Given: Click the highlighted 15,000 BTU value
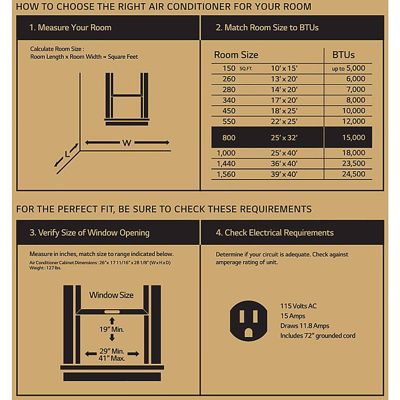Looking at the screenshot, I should tap(354, 138).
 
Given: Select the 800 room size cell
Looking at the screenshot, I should tap(229, 138).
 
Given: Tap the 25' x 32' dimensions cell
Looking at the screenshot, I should tap(284, 138).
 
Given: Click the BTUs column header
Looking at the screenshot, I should tap(344, 55).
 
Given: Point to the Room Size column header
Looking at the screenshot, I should tap(236, 55).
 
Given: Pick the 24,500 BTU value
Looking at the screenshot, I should tap(354, 174).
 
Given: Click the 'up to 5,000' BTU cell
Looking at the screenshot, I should tap(348, 68).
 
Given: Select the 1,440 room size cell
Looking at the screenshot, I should tap(226, 163).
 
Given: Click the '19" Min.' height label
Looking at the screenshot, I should tap(112, 330).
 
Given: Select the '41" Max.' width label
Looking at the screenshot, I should tap(112, 358).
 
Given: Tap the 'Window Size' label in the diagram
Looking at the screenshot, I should tap(111, 295).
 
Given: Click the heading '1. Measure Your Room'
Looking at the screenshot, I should tap(70, 28).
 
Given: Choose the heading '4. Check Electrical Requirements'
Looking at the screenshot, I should tap(275, 232).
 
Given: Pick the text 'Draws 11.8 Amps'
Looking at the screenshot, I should tap(305, 326).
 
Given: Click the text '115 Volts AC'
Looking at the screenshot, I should tap(298, 306).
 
